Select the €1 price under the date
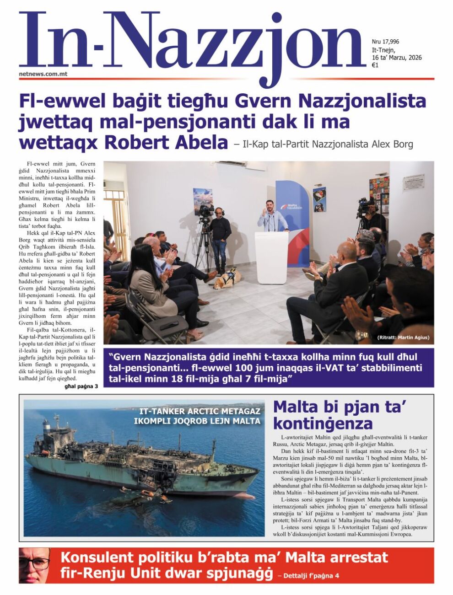[375, 65]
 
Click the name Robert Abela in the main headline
[166, 143]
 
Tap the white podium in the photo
[271, 256]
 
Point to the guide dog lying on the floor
[227, 279]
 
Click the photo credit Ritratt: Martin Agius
[404, 338]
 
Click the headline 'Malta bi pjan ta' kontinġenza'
[341, 414]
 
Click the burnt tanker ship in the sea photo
[142, 462]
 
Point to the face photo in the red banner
[35, 565]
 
